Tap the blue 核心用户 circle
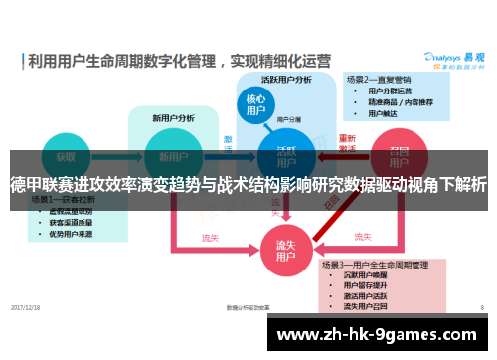coord(255,105)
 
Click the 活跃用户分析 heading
coord(286,79)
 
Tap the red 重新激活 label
coord(346,143)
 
